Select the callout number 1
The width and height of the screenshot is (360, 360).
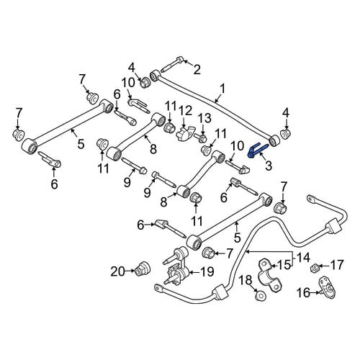(223, 89)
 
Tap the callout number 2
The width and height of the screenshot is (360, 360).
(197, 70)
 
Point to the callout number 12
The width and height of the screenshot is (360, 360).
(185, 111)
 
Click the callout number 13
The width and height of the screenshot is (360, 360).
(204, 118)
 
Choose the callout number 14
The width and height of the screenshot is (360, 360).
(302, 258)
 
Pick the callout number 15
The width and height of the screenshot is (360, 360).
(284, 265)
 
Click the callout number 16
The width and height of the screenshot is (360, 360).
(305, 292)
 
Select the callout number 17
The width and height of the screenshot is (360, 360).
(337, 265)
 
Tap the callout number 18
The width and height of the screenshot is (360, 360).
(246, 280)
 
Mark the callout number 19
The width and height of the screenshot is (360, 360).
(207, 271)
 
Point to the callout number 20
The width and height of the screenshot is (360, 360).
(118, 271)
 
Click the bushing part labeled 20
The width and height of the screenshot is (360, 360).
(143, 268)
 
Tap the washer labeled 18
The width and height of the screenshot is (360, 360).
(259, 295)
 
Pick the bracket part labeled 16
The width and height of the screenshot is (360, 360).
(327, 287)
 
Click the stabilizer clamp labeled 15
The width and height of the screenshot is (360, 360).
(270, 275)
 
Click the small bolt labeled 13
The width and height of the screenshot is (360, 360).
(200, 138)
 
